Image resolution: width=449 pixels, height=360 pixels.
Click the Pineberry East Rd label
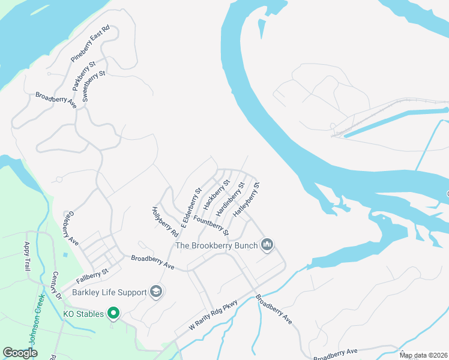coord(91,44)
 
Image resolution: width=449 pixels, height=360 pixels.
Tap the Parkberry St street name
coord(84,75)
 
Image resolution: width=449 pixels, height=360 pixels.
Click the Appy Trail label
coord(27,257)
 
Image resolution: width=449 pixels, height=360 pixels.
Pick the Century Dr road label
coord(56,285)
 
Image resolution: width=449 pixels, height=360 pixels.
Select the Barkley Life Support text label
coord(109,292)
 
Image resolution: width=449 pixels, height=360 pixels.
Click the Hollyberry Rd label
coord(165,221)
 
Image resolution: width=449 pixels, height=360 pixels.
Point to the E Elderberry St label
coord(191,208)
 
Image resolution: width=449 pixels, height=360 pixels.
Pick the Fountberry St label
coord(211,221)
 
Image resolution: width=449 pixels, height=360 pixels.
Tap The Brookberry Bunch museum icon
coord(267,244)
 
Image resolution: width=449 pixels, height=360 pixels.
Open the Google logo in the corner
coord(20,353)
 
